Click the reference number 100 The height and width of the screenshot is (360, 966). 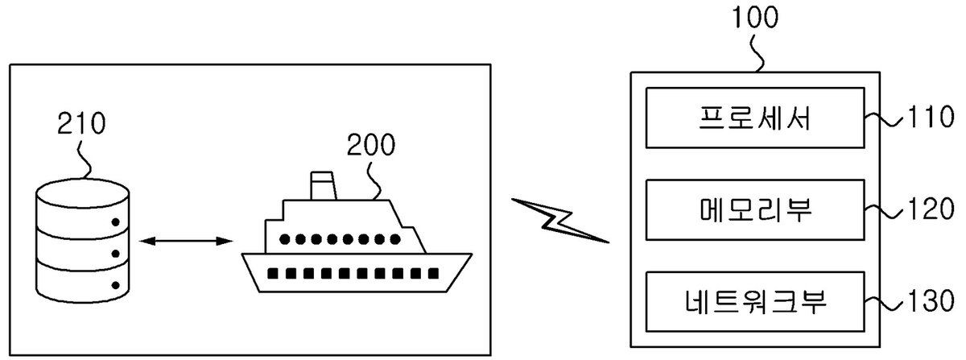coord(755,17)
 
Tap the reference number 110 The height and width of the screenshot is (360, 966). coord(931,117)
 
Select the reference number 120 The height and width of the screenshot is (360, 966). coord(931,209)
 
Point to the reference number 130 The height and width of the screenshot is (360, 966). coord(931,300)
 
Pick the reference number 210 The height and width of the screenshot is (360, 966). coord(81,122)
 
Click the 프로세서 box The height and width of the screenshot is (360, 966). coord(755,118)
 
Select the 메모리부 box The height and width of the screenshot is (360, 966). coord(755,209)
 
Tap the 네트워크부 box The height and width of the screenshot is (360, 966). coord(755,302)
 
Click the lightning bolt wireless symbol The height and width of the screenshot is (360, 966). coord(559,221)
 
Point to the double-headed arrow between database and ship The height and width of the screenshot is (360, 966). coord(186,241)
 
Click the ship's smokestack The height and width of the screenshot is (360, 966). coord(323,185)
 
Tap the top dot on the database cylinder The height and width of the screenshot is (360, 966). coord(116,222)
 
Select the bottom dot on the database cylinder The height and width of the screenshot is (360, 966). coord(116,285)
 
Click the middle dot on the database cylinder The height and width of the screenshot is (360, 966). coord(116,254)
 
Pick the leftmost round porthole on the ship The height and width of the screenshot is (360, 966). coord(284,239)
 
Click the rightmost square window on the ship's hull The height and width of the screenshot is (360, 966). coord(433,273)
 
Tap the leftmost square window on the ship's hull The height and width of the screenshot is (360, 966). coord(273,273)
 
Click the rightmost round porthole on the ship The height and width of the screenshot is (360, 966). coord(395,239)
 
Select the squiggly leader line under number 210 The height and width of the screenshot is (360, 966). coord(85,160)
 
